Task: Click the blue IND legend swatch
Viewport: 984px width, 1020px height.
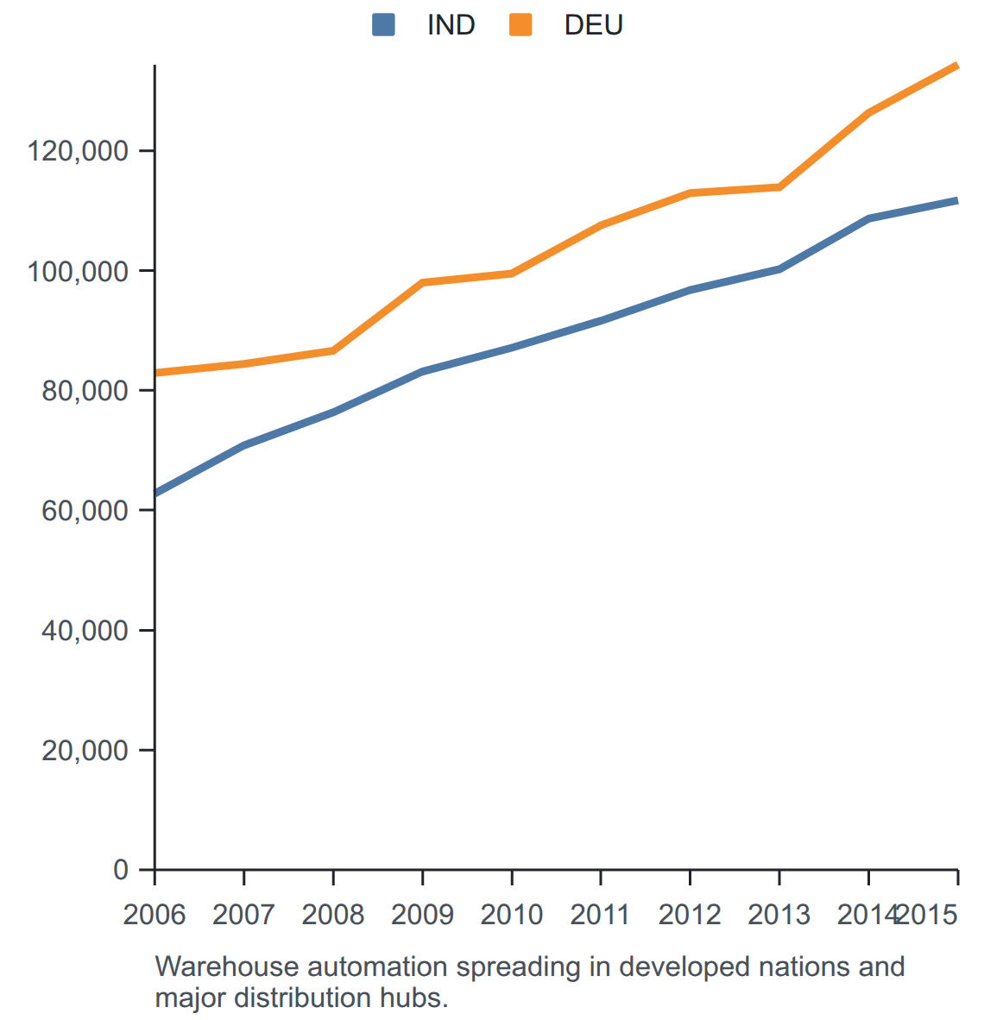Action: click(x=383, y=25)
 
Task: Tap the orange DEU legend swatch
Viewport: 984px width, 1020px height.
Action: click(x=520, y=25)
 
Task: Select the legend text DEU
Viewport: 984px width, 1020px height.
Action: click(x=594, y=25)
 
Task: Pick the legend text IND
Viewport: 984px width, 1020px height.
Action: click(x=451, y=25)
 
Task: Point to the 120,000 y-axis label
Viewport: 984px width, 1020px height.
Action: click(x=78, y=151)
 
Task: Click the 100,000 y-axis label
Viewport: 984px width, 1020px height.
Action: click(x=78, y=271)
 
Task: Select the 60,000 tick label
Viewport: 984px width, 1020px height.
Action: click(x=85, y=511)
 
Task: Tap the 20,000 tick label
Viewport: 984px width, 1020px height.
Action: click(x=85, y=751)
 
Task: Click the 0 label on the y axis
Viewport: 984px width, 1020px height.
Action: click(x=121, y=870)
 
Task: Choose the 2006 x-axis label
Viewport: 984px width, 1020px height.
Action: click(x=155, y=915)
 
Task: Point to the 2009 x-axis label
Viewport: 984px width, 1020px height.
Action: click(x=422, y=915)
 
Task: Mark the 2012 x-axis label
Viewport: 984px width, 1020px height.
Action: click(x=690, y=915)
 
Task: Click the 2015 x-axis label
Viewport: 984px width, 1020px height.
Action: click(x=928, y=915)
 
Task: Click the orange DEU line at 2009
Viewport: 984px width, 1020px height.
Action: click(x=422, y=282)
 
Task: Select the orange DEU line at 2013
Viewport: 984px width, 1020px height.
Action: click(x=779, y=187)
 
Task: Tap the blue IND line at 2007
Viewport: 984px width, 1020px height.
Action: click(x=243, y=445)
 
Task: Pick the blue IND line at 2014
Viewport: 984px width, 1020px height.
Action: click(x=868, y=218)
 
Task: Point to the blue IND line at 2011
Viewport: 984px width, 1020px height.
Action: click(x=601, y=320)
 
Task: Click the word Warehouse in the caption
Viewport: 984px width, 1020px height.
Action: click(x=227, y=967)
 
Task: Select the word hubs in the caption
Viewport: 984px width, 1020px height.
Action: click(x=414, y=998)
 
